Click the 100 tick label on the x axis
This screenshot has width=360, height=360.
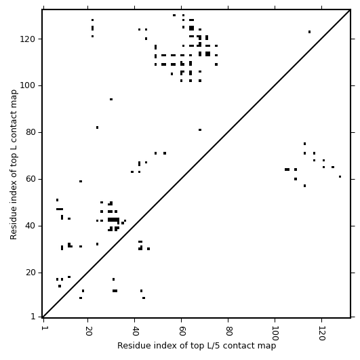click(275, 333)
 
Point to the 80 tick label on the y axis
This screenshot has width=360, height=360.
click(31, 132)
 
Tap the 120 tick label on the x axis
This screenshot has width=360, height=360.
click(321, 333)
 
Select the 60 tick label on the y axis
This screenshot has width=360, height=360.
click(31, 179)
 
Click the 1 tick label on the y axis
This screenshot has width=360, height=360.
click(33, 317)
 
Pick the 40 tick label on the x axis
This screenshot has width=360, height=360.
click(135, 331)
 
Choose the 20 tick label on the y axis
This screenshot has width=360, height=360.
click(31, 273)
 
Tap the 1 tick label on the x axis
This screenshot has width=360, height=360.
click(43, 328)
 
